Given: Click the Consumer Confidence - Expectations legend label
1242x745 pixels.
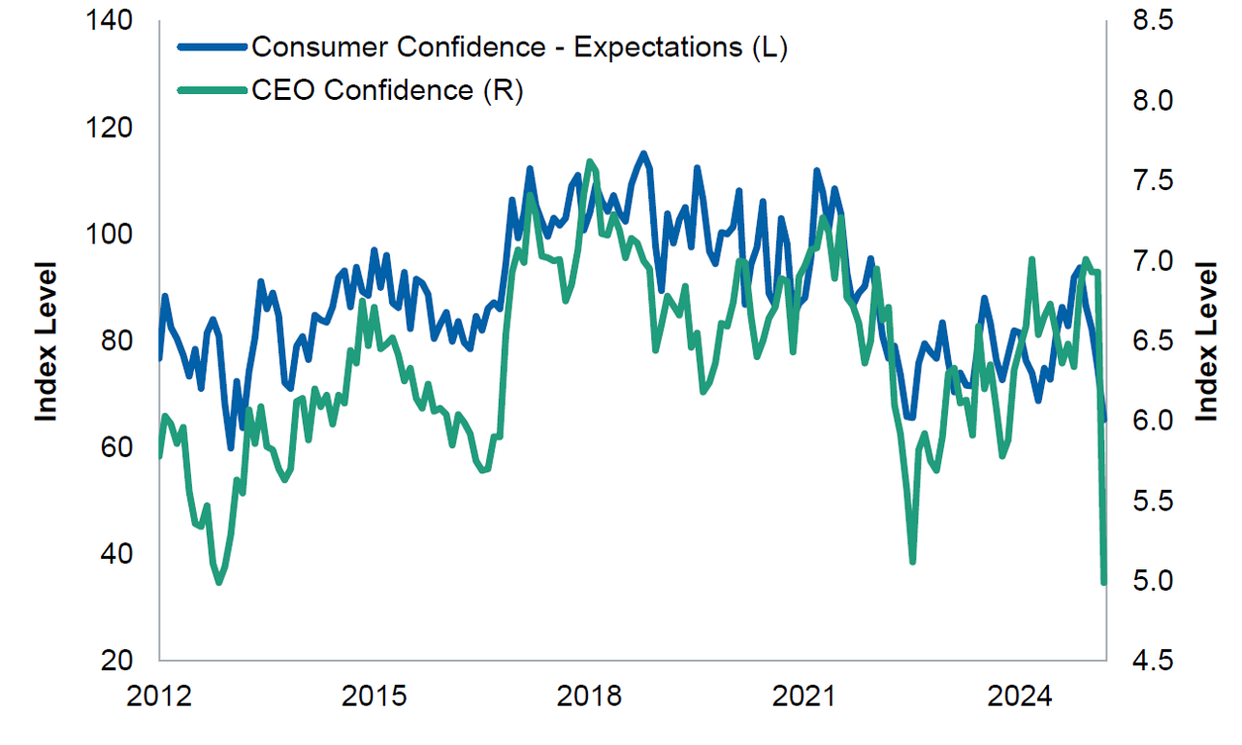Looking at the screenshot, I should [x=518, y=49].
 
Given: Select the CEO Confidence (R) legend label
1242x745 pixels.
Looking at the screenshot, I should [x=387, y=90].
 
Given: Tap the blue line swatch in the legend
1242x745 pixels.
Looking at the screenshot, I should [x=212, y=47].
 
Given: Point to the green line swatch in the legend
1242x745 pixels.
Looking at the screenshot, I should [x=212, y=90].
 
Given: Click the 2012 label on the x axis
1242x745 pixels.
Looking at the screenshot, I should [x=158, y=696].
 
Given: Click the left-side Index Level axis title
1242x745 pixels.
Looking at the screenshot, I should [x=47, y=340].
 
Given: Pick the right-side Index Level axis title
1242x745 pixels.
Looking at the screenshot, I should [x=1205, y=340].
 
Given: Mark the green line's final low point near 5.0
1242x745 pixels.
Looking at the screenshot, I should [x=1103, y=581].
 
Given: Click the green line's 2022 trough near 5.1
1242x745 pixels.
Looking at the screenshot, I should [x=912, y=561].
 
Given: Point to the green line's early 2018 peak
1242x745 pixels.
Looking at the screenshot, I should [x=590, y=161].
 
